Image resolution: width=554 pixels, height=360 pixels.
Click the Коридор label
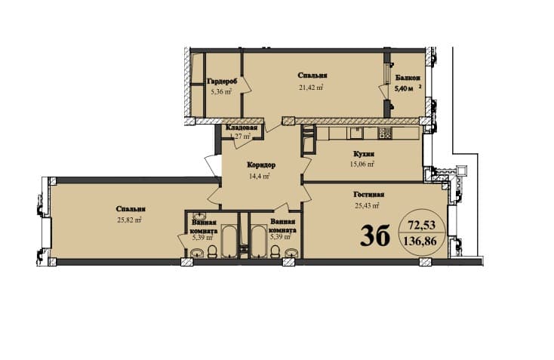click(x=260, y=165)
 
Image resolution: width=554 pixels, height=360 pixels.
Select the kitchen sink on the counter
click(x=355, y=134)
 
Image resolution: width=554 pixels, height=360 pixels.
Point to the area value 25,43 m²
click(x=365, y=205)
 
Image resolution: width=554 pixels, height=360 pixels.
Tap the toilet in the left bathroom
click(x=214, y=251)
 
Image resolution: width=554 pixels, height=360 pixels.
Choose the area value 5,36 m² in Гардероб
click(x=220, y=94)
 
